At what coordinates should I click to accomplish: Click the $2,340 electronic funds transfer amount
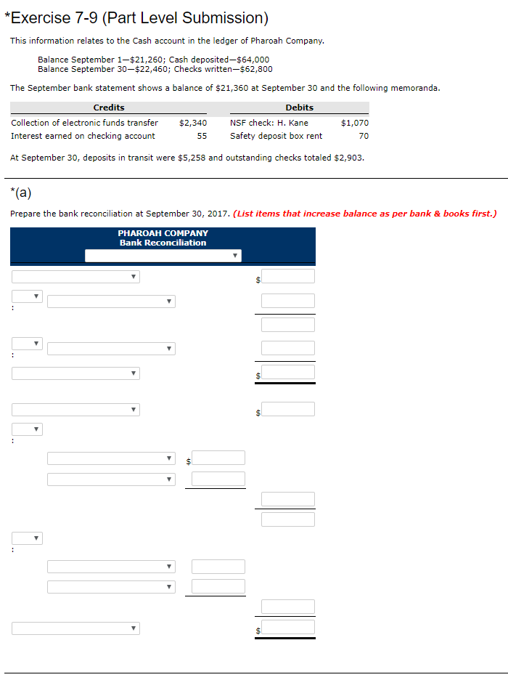193,123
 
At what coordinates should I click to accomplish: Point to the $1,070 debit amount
355,123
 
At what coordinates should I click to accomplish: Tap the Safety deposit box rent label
276,136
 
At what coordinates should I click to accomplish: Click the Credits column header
109,108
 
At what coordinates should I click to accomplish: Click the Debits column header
300,108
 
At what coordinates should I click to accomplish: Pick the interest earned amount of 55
202,136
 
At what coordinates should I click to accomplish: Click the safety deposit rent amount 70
364,136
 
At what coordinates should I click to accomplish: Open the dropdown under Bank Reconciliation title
163,256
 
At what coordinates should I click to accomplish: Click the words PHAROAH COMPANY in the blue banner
163,233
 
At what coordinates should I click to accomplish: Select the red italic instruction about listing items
365,214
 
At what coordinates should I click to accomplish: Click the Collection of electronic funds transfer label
85,123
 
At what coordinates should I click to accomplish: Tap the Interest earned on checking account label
83,136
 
